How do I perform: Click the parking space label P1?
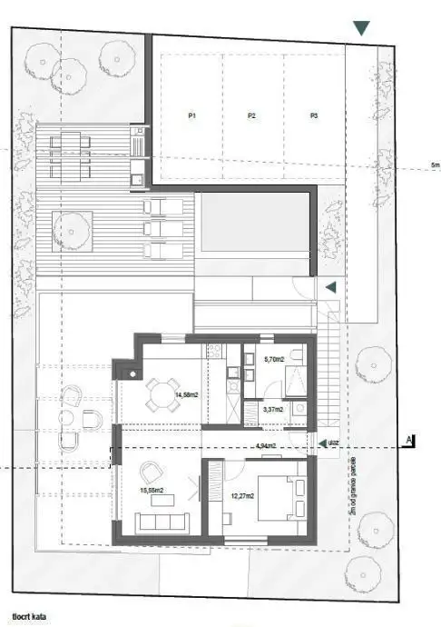point(192,116)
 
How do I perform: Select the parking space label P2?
point(251,116)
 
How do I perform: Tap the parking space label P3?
point(313,116)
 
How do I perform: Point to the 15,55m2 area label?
point(152,491)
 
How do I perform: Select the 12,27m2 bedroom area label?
point(241,496)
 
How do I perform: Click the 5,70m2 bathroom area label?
point(273,360)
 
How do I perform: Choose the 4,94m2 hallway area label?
point(266,446)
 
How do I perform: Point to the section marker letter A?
point(409,439)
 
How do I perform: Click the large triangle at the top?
point(362,28)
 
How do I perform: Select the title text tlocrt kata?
point(30,617)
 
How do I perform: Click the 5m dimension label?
point(435,165)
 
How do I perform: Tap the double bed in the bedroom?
point(280,497)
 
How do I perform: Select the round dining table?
point(161,394)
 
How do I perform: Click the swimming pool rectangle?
point(253,222)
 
